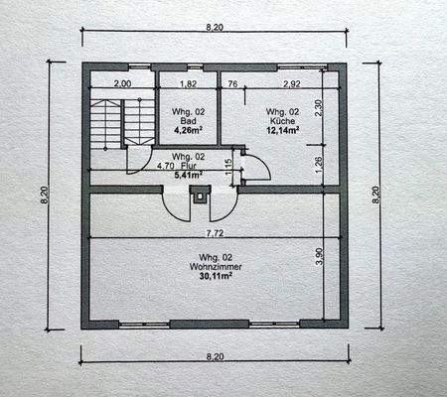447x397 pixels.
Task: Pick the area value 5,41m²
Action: (x=189, y=176)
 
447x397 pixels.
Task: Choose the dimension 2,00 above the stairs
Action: (x=122, y=84)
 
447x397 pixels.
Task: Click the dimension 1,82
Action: (x=186, y=84)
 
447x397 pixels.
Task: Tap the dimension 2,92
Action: (x=291, y=84)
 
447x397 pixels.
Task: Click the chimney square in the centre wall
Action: (x=203, y=197)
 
